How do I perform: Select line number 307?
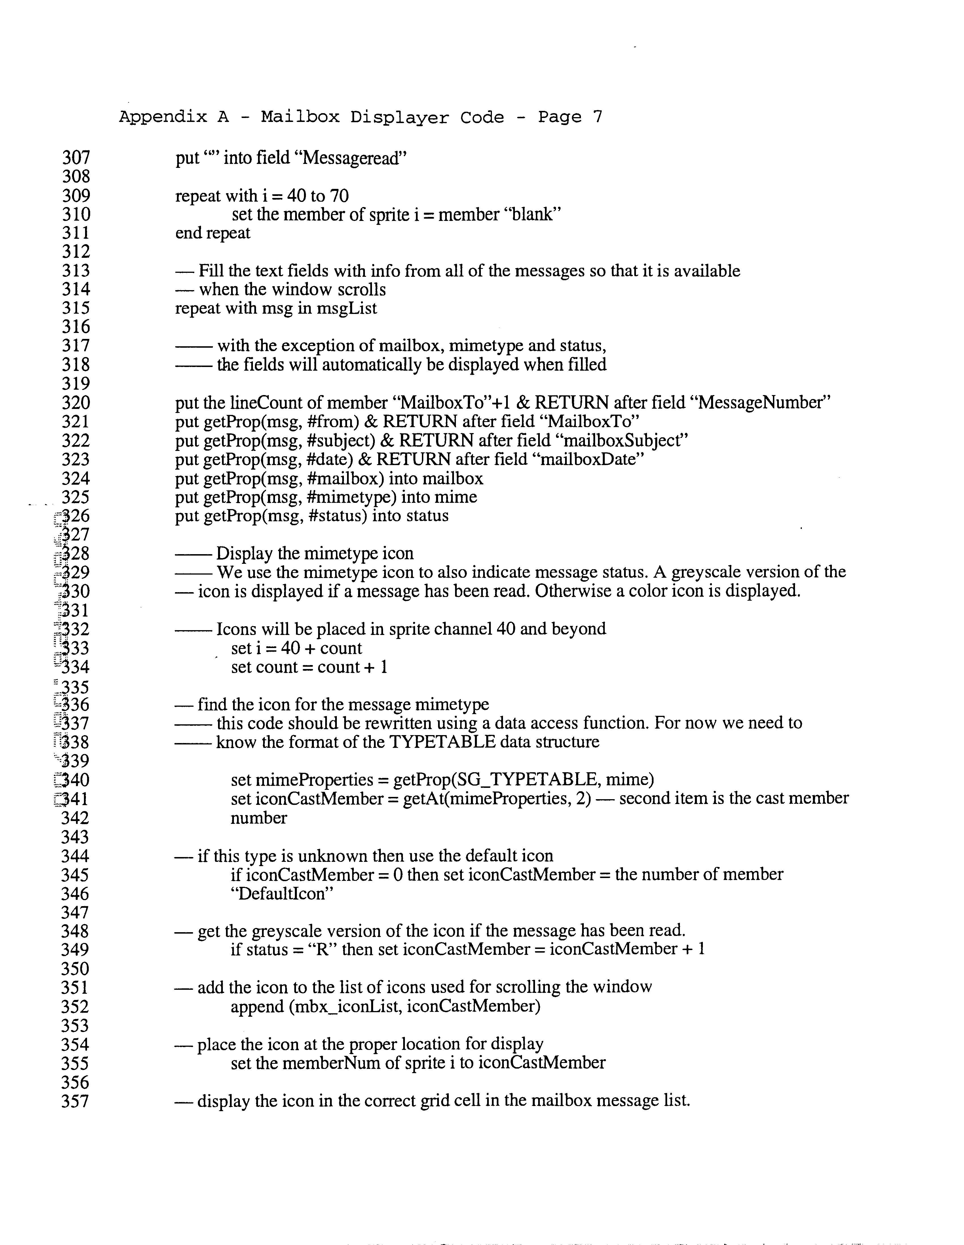(76, 158)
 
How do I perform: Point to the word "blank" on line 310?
(533, 215)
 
